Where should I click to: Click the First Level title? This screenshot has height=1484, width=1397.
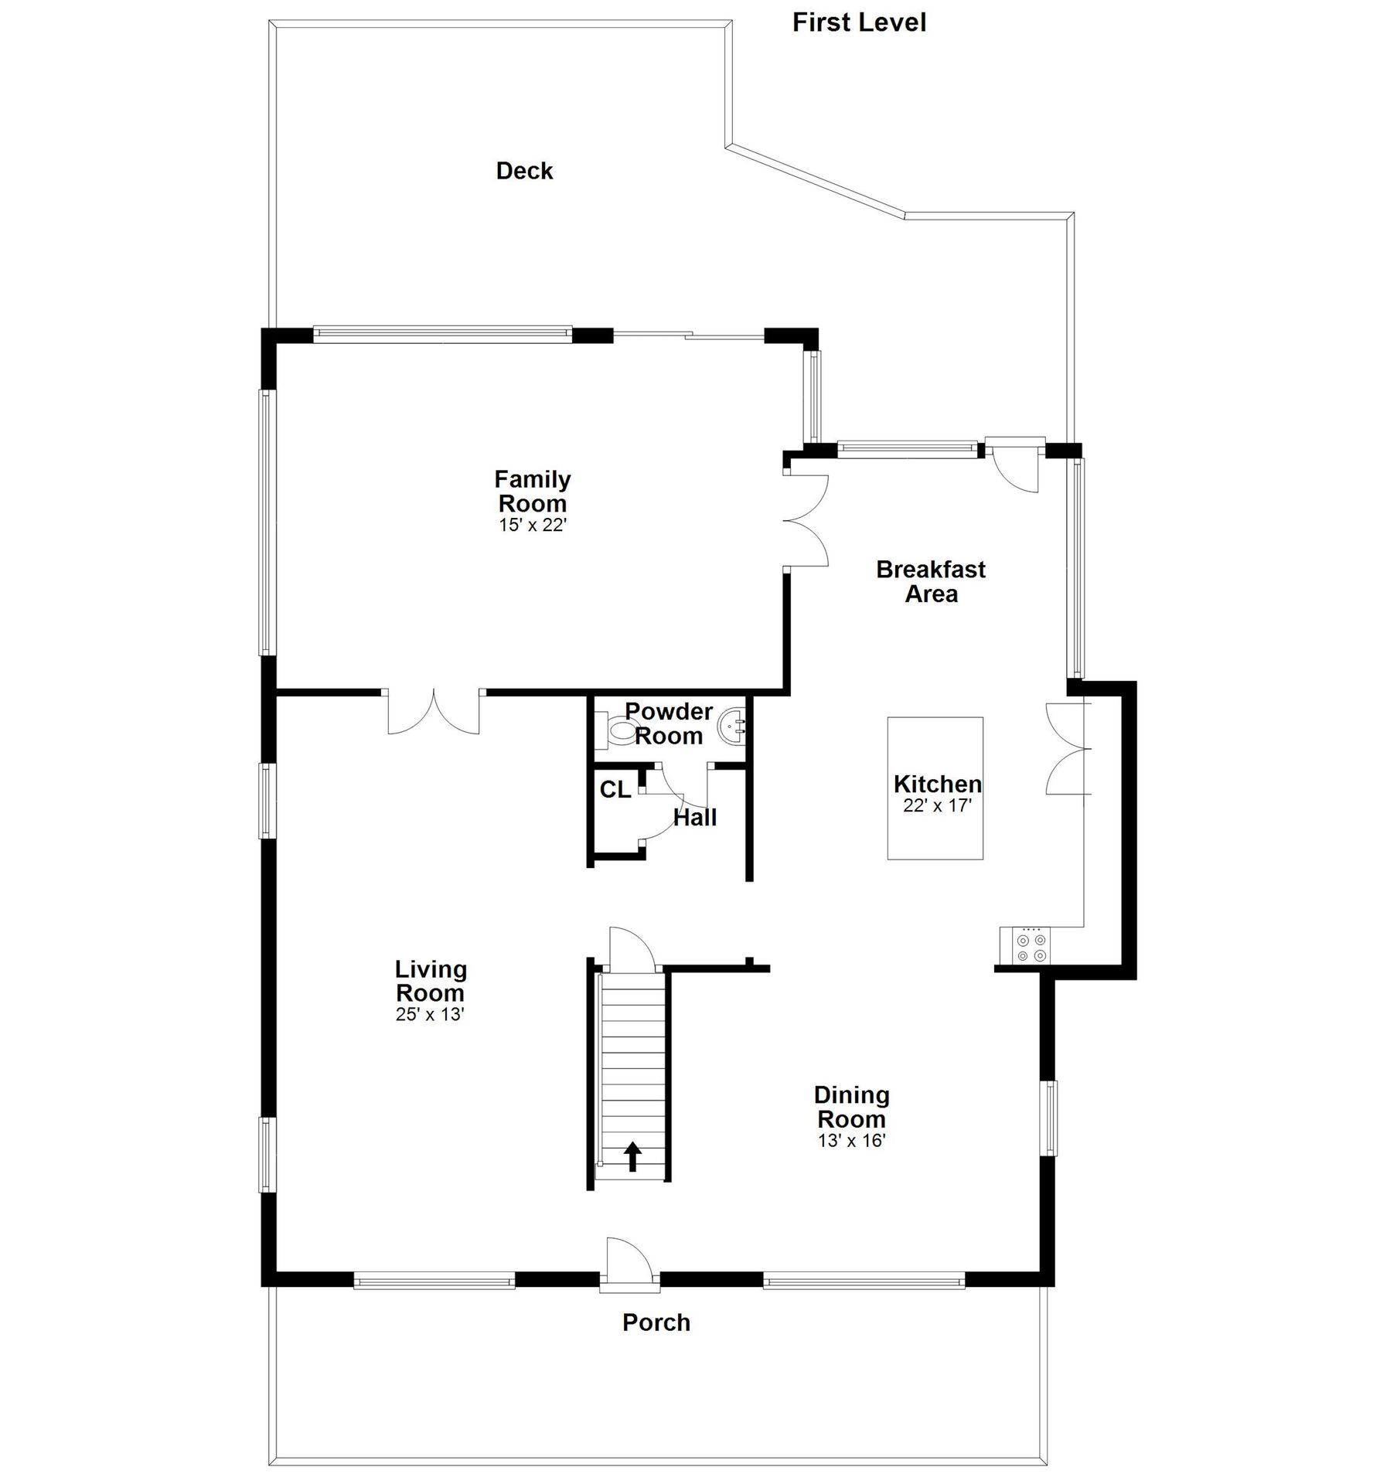(859, 22)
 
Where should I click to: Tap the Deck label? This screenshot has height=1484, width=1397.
(524, 171)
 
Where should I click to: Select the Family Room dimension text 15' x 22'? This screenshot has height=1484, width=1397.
(533, 526)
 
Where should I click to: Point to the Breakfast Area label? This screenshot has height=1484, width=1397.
(931, 581)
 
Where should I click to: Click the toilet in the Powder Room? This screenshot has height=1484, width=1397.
(615, 730)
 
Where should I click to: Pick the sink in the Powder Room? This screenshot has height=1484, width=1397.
(731, 727)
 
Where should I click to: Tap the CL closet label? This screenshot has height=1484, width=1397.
(615, 790)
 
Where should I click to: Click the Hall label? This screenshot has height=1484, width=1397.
(695, 818)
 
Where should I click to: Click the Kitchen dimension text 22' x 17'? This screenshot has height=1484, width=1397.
(937, 805)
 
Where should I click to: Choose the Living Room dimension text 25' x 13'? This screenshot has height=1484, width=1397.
(430, 1015)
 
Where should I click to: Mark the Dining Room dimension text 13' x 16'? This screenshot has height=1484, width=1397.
(851, 1140)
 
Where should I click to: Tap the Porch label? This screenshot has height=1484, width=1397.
(656, 1322)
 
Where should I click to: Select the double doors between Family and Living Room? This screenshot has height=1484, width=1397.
(434, 712)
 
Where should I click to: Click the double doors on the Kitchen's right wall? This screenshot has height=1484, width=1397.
(1068, 748)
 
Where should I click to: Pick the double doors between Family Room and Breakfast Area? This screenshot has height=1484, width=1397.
(806, 520)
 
